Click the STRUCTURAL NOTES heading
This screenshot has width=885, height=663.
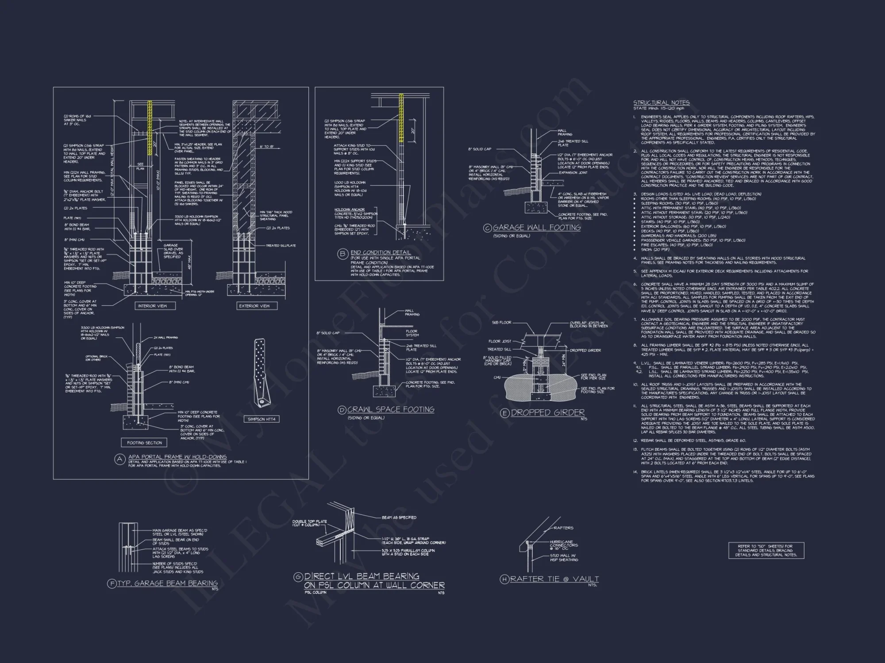[x=661, y=103]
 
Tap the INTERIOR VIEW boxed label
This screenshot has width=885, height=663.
[x=153, y=306]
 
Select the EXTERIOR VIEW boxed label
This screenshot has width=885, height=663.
[x=254, y=306]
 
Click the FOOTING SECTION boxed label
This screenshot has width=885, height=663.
[x=144, y=442]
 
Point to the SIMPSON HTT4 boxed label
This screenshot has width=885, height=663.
[x=262, y=419]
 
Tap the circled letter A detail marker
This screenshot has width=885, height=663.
[x=119, y=459]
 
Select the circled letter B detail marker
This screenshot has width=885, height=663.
[x=342, y=254]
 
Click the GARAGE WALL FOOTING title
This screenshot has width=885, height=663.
[x=536, y=228]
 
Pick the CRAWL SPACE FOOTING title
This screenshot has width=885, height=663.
[x=391, y=410]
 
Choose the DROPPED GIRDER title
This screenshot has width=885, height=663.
[x=548, y=413]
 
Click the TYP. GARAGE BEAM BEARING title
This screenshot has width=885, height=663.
[x=167, y=583]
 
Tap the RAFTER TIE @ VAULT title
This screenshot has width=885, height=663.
[x=554, y=579]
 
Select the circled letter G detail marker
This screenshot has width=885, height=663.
[x=298, y=577]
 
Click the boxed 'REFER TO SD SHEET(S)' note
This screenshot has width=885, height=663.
[x=766, y=551]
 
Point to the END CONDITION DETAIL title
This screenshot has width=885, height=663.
[x=381, y=252]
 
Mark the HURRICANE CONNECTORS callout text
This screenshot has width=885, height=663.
[x=563, y=545]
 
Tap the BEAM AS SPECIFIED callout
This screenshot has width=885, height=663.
[x=399, y=518]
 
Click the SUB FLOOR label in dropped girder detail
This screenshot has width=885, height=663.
[x=501, y=323]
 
